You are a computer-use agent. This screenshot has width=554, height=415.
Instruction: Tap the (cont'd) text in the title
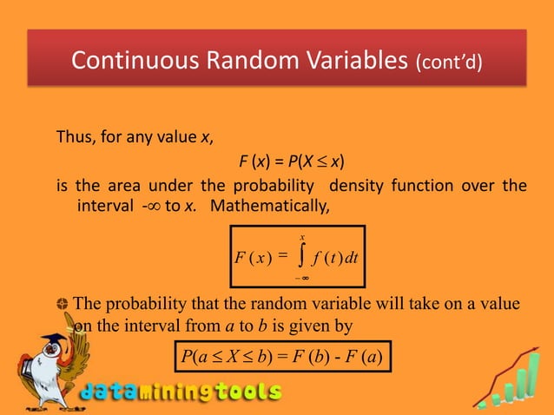tap(448, 63)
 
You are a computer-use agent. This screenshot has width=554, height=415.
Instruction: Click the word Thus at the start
tap(74, 136)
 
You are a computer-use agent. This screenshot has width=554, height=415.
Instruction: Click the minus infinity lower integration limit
tap(300, 276)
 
